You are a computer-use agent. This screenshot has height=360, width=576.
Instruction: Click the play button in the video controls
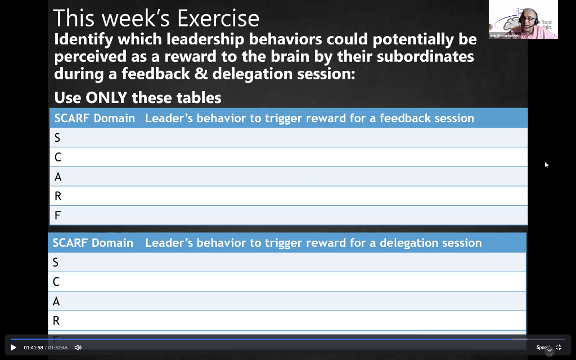point(13,348)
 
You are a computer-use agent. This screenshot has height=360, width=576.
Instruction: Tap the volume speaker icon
point(78,348)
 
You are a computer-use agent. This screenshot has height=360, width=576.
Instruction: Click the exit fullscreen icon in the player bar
point(559,348)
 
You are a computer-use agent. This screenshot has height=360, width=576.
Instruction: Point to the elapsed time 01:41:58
point(33,348)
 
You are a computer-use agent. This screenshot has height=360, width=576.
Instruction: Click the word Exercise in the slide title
point(218,19)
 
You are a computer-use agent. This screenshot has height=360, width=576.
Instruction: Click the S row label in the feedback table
point(57,138)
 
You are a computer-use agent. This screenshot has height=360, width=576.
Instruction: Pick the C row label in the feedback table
point(57,157)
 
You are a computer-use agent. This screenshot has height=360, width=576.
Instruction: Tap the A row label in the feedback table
point(57,177)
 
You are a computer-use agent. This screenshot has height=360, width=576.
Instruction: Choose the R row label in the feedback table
point(57,196)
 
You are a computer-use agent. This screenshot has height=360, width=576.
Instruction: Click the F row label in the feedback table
point(57,215)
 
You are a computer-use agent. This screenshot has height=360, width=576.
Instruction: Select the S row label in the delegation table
point(56,263)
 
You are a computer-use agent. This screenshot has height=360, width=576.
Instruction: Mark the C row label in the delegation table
point(56,282)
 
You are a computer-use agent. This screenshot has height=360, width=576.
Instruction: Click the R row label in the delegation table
point(56,321)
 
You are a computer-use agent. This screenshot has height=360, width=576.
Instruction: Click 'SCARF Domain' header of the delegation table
point(93,243)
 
